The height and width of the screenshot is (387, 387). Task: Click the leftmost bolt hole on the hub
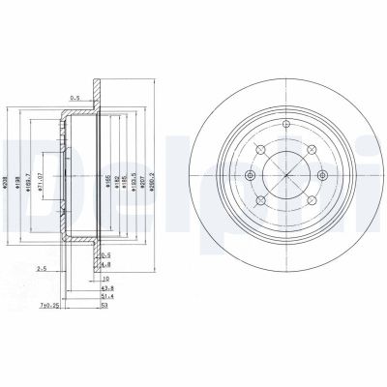(250, 174)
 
